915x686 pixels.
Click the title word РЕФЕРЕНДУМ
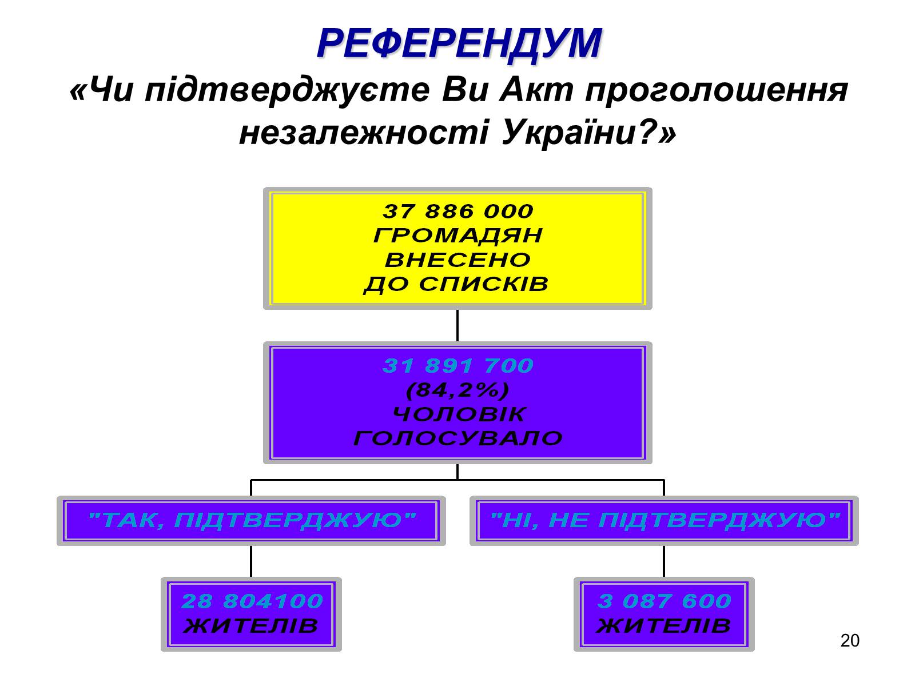coord(459,43)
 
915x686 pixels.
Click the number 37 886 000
coord(457,212)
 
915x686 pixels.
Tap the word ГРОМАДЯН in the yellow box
coord(457,236)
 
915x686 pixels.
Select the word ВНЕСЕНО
coord(457,260)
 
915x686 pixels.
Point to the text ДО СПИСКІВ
coord(456,284)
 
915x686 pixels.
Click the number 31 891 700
coord(457,366)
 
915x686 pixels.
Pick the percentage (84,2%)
coord(457,390)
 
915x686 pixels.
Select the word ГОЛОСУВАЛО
coord(457,438)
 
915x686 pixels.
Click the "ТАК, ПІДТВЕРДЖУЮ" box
coord(251,520)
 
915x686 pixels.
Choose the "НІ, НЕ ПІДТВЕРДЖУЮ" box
coord(664,520)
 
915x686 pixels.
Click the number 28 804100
coord(252,601)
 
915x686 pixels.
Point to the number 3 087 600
coord(664,601)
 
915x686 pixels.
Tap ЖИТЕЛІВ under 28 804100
coord(251,626)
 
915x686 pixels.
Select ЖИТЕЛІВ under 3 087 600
coord(664,626)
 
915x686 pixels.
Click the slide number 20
coord(850,641)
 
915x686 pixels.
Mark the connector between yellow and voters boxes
coord(457,326)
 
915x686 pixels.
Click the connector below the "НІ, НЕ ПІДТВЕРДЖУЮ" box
coord(664,561)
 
